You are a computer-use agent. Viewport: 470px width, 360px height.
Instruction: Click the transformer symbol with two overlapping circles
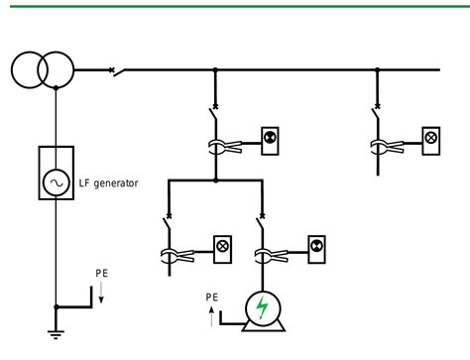pos(44,69)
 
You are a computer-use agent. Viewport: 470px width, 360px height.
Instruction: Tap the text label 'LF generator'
pos(109,183)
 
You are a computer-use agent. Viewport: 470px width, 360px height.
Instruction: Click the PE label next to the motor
pos(211,296)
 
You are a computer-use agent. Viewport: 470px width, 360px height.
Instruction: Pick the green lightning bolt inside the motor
pos(262,309)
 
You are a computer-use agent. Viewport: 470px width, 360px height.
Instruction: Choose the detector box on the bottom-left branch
pos(224,245)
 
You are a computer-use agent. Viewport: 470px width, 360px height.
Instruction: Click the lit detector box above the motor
pos(316,245)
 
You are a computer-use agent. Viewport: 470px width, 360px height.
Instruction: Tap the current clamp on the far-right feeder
pos(380,148)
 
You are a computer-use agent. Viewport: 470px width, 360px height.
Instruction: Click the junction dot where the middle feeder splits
pos(216,180)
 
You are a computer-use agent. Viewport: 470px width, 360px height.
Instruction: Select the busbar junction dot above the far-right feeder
pos(378,70)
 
